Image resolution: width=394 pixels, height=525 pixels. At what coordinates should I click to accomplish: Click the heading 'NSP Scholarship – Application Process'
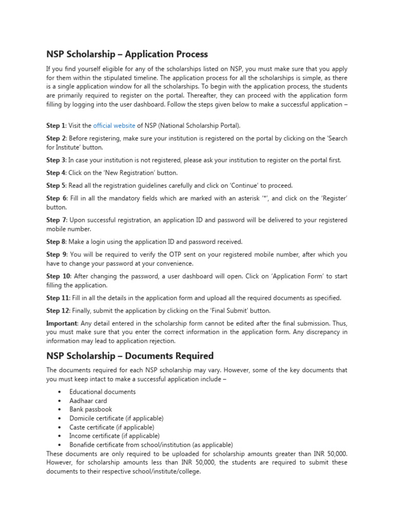[x=127, y=54]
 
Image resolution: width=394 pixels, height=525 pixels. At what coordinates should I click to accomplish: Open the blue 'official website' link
[x=114, y=125]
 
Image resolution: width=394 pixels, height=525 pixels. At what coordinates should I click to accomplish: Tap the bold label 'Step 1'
[x=56, y=125]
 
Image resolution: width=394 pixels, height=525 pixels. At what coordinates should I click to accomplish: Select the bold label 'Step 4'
[x=56, y=173]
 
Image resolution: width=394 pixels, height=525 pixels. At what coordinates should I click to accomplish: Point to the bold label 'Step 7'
[x=56, y=220]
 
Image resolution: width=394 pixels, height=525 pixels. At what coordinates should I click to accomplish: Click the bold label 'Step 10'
[x=57, y=276]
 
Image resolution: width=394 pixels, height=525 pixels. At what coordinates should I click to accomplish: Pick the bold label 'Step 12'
[x=57, y=310]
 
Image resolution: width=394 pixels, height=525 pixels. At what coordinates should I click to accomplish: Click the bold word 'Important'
[x=62, y=323]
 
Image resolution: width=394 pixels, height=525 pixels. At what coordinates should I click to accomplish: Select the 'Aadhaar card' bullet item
[x=88, y=400]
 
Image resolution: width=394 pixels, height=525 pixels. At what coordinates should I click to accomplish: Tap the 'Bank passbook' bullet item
[x=90, y=409]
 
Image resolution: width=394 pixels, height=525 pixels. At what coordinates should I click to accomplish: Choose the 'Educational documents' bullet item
[x=103, y=392]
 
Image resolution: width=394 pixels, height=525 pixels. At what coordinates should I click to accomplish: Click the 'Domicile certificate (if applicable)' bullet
[x=116, y=418]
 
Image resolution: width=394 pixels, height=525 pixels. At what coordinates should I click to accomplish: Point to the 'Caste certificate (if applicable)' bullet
[x=111, y=427]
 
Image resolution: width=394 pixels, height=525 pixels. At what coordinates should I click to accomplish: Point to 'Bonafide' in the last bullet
[x=83, y=445]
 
